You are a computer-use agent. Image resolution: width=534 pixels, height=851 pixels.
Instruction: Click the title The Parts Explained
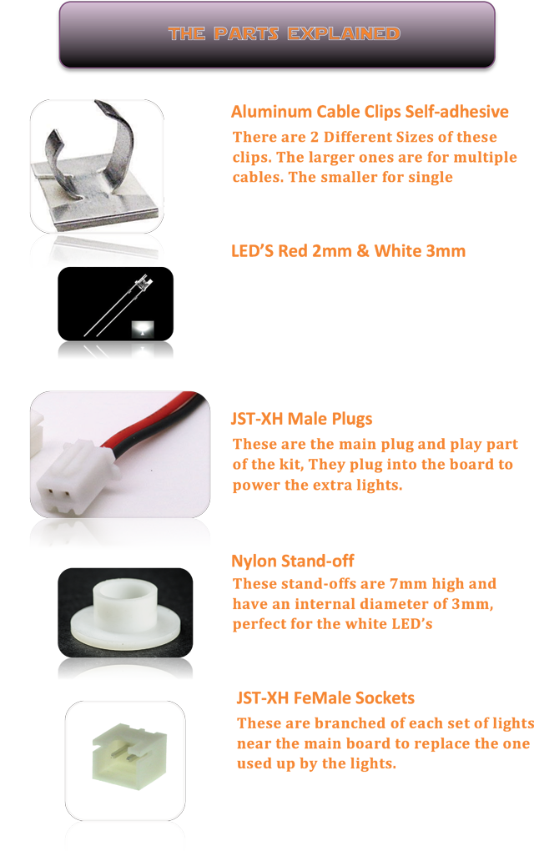point(284,34)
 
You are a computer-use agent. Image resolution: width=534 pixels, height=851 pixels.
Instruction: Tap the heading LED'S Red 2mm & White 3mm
point(348,251)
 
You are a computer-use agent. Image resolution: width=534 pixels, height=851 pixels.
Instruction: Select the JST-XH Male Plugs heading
point(301,419)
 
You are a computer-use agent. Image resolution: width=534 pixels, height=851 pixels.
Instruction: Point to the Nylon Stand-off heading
point(292,561)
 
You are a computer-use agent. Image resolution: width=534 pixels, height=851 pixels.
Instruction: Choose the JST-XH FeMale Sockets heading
point(325,697)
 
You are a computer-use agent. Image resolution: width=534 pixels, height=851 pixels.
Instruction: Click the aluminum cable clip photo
point(97,163)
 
